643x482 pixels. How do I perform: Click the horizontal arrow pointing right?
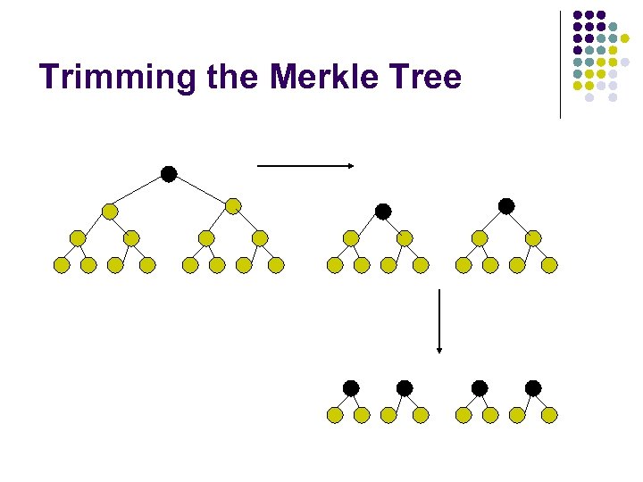(306, 165)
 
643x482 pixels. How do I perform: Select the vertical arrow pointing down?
(438, 320)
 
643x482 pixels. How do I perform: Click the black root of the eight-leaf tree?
(169, 173)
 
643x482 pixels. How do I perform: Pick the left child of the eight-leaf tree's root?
(109, 212)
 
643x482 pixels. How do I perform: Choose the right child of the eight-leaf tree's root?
(233, 206)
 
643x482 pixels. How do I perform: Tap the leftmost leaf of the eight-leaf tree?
(62, 265)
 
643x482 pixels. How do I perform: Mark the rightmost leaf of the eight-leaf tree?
(277, 265)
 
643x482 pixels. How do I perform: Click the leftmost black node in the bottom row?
(351, 387)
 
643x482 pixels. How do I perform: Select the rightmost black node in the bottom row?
(533, 387)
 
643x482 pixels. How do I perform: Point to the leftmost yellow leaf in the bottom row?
(335, 415)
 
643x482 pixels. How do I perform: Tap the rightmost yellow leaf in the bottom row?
(550, 415)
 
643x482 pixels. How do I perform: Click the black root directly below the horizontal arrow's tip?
(383, 212)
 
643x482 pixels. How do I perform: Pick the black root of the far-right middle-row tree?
(506, 206)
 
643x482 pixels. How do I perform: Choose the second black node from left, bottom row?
(405, 387)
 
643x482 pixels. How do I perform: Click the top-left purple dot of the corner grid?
(578, 15)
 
